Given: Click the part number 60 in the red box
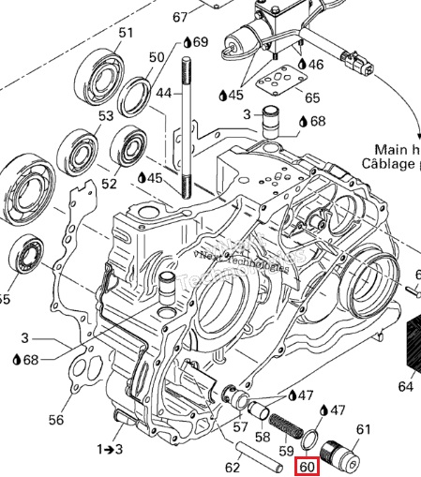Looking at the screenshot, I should tap(308, 466).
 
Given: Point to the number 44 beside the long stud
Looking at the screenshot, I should tap(164, 93).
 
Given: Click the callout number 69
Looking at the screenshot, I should tap(202, 43).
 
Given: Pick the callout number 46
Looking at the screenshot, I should tap(315, 65).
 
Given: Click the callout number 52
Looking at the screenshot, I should tap(110, 184).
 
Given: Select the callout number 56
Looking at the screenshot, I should tap(56, 419).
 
